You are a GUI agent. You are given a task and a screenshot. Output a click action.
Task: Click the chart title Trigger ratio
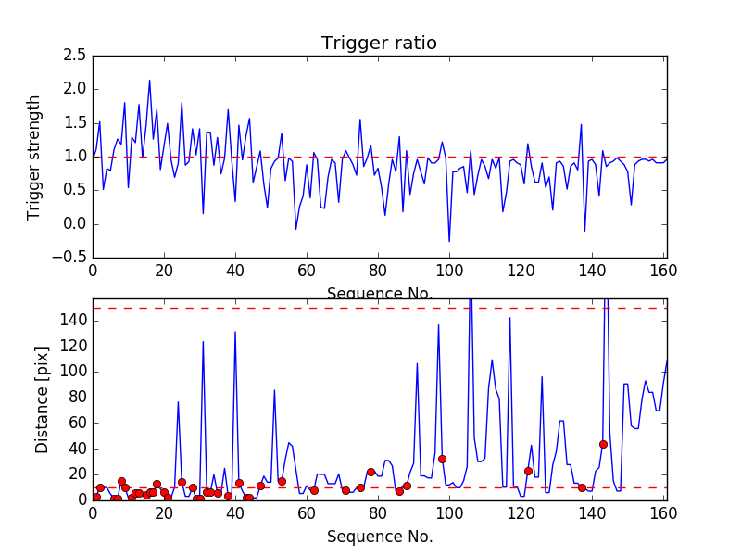pyautogui.click(x=379, y=43)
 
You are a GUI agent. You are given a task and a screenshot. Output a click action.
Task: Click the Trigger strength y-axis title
pyautogui.click(x=34, y=157)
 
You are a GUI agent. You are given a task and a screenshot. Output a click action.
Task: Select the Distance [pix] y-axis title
pyautogui.click(x=43, y=398)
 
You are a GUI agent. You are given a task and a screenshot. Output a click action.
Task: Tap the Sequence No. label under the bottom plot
pyautogui.click(x=379, y=537)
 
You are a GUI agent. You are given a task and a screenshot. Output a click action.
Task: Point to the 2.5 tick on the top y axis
pyautogui.click(x=76, y=56)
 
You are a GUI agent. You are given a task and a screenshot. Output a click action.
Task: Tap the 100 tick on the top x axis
pyautogui.click(x=449, y=272)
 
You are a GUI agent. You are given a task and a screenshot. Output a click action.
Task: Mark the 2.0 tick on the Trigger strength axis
pyautogui.click(x=76, y=89)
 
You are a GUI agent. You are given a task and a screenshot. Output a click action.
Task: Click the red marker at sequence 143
pyautogui.click(x=603, y=444)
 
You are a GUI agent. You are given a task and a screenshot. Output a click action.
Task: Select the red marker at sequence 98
pyautogui.click(x=442, y=459)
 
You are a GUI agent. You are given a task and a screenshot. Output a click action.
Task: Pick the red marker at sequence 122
pyautogui.click(x=528, y=471)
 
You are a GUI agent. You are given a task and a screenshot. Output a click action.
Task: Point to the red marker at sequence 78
pyautogui.click(x=370, y=472)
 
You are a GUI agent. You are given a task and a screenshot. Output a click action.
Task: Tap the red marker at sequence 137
pyautogui.click(x=582, y=487)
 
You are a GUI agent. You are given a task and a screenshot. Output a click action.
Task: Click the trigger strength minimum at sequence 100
pyautogui.click(x=449, y=242)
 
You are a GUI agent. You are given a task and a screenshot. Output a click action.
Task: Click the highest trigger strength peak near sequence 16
pyautogui.click(x=149, y=80)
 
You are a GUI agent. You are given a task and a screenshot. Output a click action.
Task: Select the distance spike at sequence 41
pyautogui.click(x=235, y=332)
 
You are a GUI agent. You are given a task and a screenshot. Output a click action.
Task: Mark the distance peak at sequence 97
pyautogui.click(x=438, y=325)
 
